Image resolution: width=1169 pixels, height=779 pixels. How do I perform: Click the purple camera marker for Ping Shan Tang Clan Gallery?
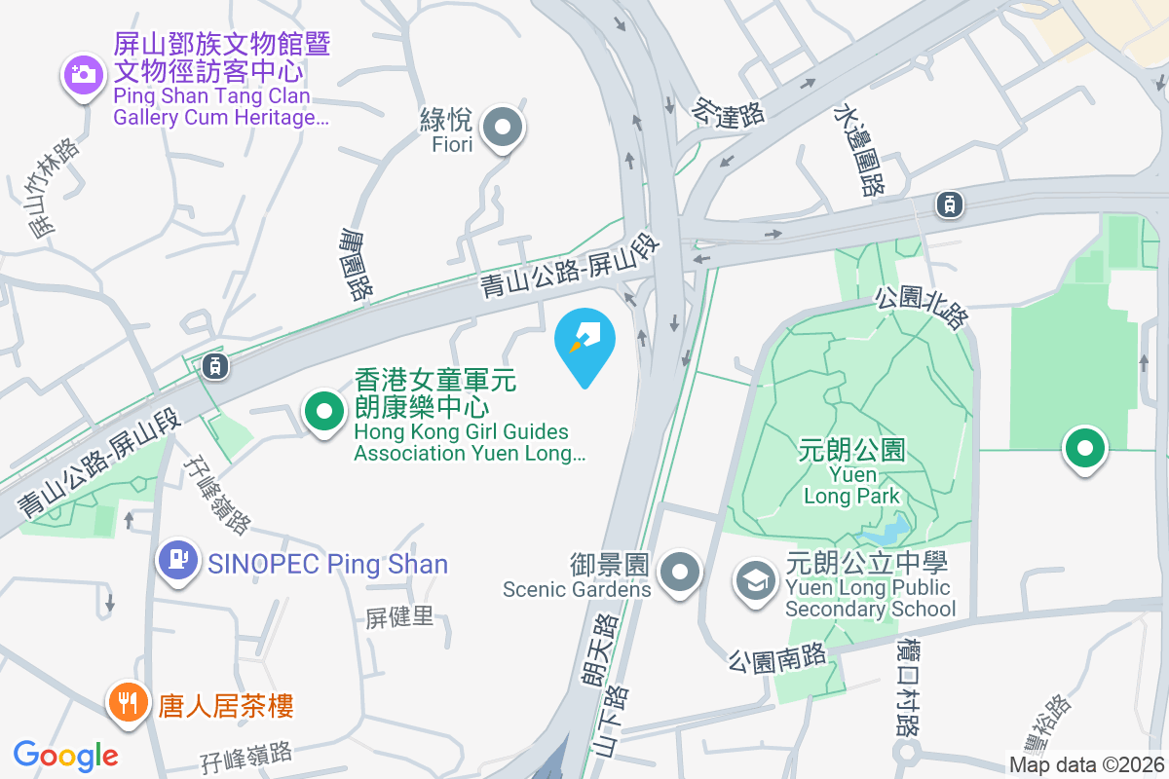84,74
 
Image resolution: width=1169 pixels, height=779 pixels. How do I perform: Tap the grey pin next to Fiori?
504,128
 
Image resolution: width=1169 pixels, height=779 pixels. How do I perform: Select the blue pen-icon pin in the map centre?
584,341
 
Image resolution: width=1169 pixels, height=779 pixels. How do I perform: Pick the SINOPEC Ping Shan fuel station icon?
177,561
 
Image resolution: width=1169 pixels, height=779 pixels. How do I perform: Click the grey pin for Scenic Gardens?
679,571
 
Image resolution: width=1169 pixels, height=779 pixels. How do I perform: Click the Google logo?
65,755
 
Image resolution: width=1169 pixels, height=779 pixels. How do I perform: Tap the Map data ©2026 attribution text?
1086,764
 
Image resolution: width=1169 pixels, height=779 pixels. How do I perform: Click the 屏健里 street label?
399,616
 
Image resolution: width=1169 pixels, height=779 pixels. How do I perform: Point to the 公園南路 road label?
776,660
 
